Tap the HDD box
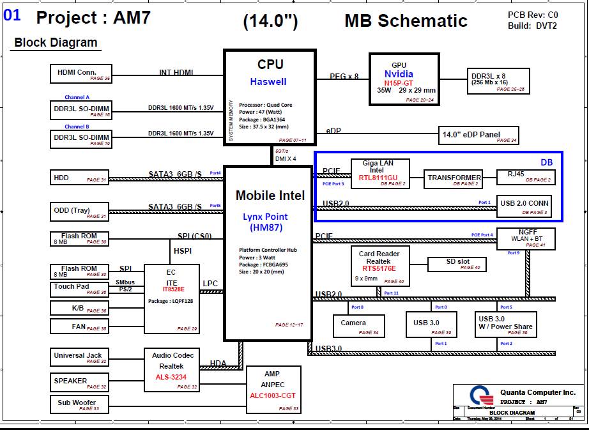pyautogui.click(x=80, y=178)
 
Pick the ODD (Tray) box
pyautogui.click(x=80, y=211)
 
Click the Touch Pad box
pyautogui.click(x=80, y=289)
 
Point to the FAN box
pyautogui.click(x=80, y=326)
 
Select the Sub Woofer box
pyautogui.click(x=80, y=404)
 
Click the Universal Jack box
pyautogui.click(x=80, y=357)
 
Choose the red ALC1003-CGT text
pyautogui.click(x=272, y=395)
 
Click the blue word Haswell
pyautogui.click(x=268, y=82)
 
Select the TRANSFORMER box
pyautogui.click(x=454, y=180)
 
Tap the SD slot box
pyautogui.click(x=457, y=264)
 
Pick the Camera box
pyautogui.click(x=358, y=326)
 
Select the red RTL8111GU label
pyautogui.click(x=378, y=178)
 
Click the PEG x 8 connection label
pyautogui.click(x=344, y=76)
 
